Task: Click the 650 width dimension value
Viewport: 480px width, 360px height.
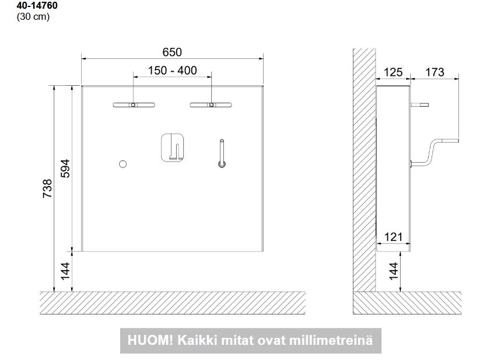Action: pyautogui.click(x=172, y=53)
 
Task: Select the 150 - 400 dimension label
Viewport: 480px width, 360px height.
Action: pyautogui.click(x=173, y=71)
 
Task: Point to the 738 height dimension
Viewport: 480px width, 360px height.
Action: pyautogui.click(x=47, y=188)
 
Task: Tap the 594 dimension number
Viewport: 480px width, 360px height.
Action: pyautogui.click(x=65, y=169)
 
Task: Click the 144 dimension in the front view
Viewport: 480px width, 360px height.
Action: pyautogui.click(x=65, y=271)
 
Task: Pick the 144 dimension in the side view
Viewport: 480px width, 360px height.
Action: pyautogui.click(x=393, y=271)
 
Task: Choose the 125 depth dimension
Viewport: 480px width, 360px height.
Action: pyautogui.click(x=393, y=72)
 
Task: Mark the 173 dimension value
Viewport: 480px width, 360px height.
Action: pyautogui.click(x=435, y=72)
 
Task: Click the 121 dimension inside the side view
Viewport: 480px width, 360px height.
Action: pyautogui.click(x=393, y=237)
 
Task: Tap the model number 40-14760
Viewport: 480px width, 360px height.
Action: pyautogui.click(x=37, y=5)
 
